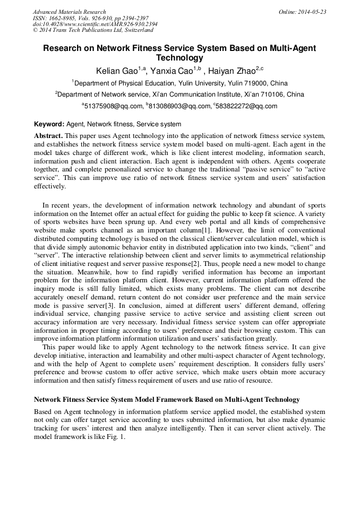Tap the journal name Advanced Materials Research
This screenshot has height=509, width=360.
(69, 12)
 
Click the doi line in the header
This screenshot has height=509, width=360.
(95, 24)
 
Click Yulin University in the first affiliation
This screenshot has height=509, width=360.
(207, 83)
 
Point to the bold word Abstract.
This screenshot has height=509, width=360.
(48, 136)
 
